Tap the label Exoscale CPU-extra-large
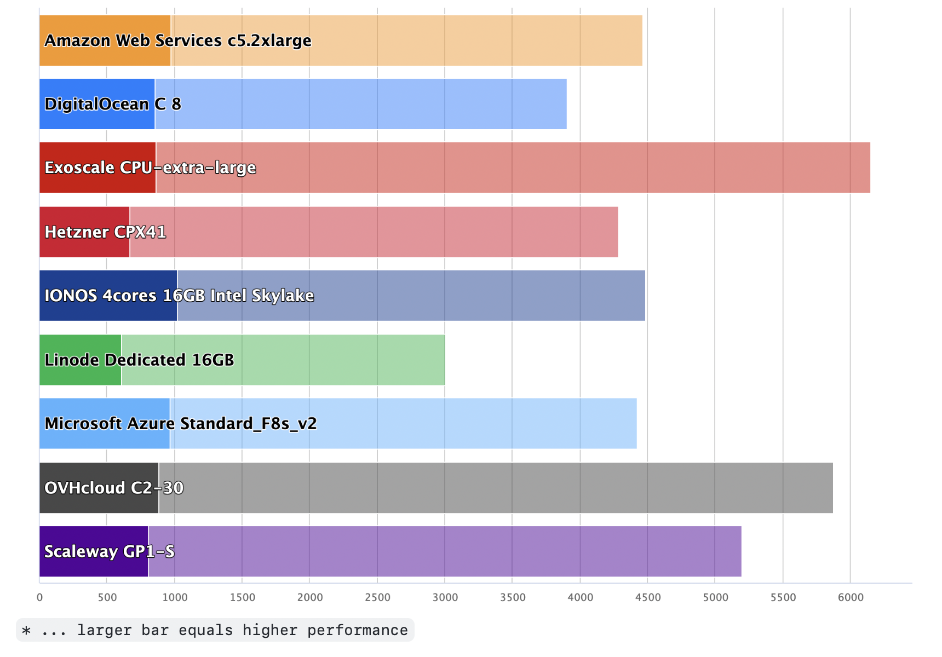(x=150, y=168)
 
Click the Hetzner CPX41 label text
(x=105, y=232)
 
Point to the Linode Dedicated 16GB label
(x=139, y=360)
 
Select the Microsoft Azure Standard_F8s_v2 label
(x=181, y=424)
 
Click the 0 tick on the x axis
(x=39, y=597)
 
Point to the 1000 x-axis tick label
(x=175, y=597)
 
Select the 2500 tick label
(x=377, y=597)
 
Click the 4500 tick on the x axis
(x=648, y=597)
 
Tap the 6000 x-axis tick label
(x=851, y=597)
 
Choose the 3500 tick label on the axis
(x=513, y=597)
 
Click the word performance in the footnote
(x=357, y=630)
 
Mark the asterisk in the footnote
(x=26, y=631)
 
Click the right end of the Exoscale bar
(x=869, y=168)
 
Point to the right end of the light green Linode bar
(x=444, y=360)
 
